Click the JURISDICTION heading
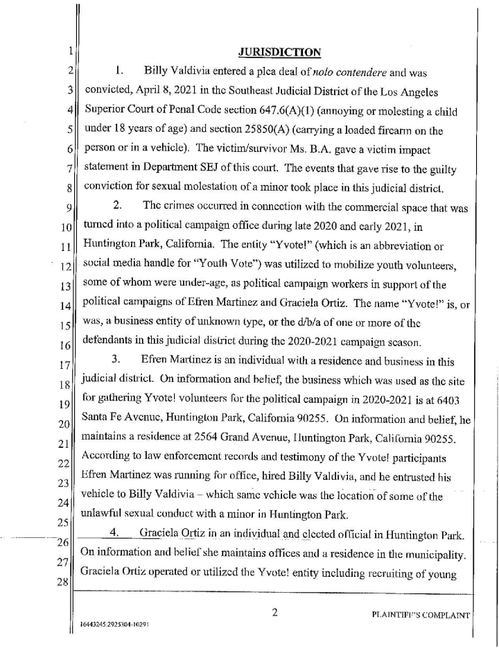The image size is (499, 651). (x=279, y=52)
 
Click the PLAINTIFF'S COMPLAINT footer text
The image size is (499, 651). (x=421, y=614)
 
